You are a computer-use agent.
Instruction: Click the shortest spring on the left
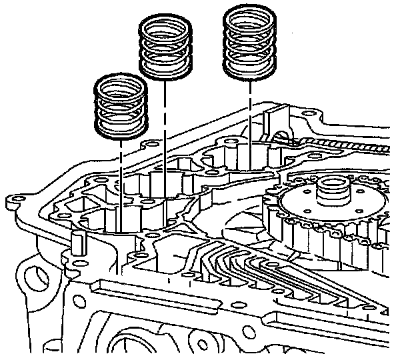pos(121,107)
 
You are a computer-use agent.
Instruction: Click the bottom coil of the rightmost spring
pos(249,69)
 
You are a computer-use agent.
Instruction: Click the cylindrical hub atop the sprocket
pos(331,189)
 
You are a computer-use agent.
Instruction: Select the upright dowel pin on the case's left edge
pos(75,245)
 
